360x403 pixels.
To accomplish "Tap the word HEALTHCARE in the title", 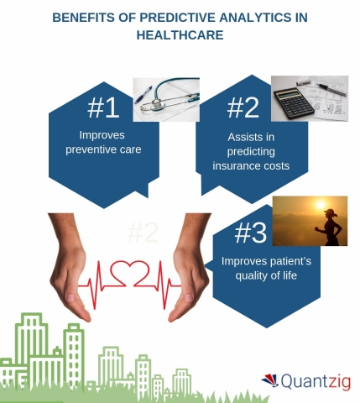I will [x=179, y=36].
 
